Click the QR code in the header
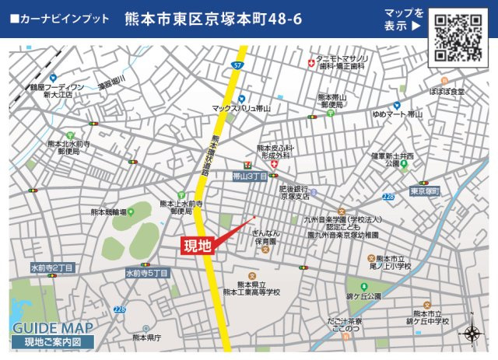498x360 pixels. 457,37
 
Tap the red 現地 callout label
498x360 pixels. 196,246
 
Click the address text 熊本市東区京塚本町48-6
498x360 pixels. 212,19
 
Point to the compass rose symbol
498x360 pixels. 472,334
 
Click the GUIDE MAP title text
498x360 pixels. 52,327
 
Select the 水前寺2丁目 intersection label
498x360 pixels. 52,268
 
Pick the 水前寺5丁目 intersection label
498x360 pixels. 147,274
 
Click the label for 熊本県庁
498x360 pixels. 146,338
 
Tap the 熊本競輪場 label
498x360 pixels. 108,211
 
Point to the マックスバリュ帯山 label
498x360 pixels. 242,109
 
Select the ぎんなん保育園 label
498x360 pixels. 266,238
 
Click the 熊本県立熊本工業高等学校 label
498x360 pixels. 251,288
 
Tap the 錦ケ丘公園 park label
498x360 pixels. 365,296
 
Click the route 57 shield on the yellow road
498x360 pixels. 236,66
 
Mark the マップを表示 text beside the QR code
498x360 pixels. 404,19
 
